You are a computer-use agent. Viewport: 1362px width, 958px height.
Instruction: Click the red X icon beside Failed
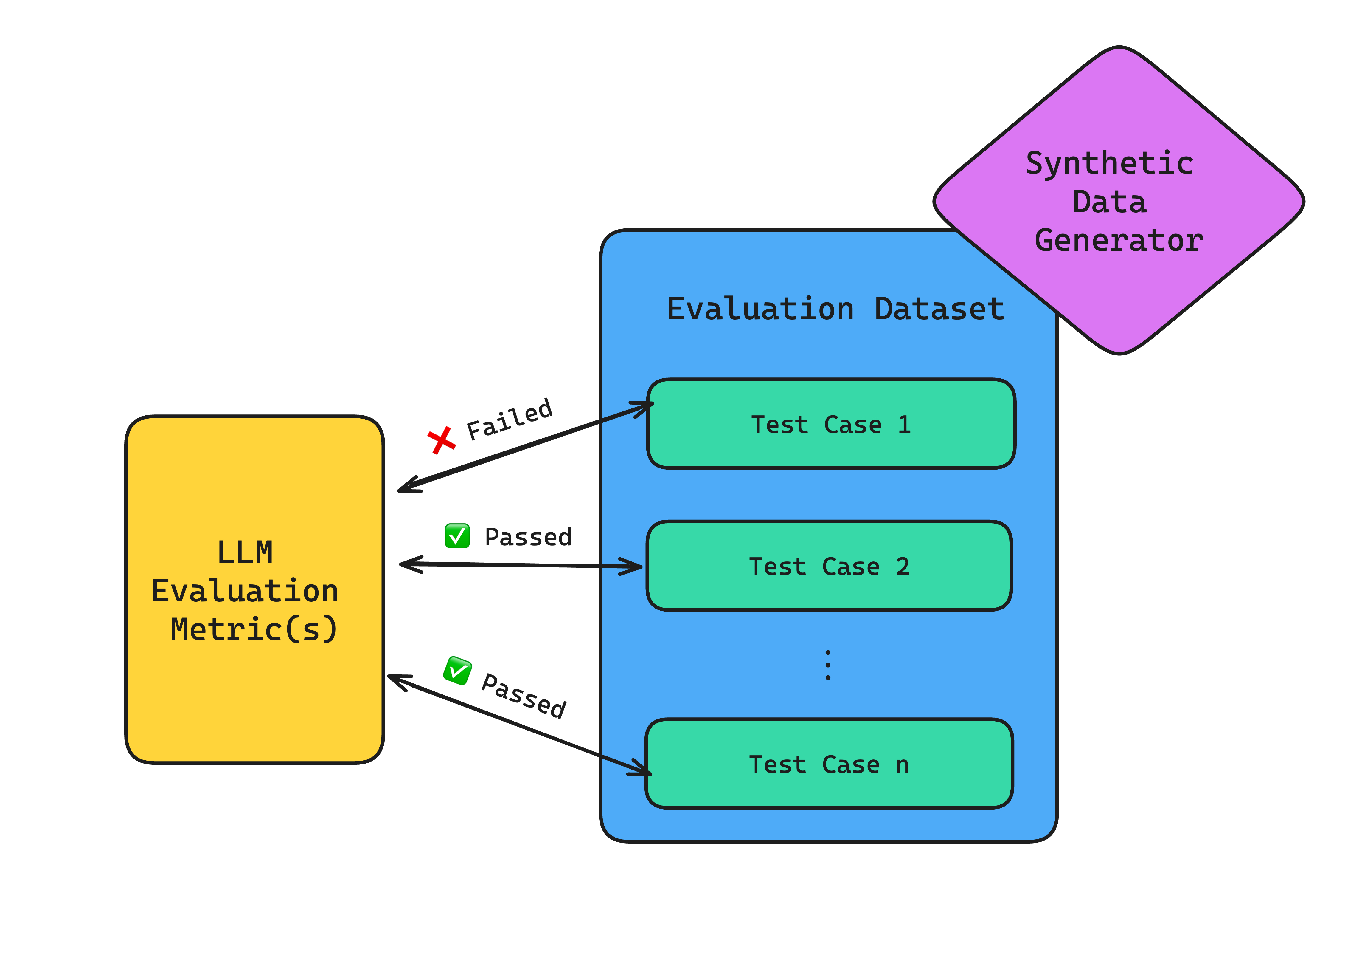point(441,440)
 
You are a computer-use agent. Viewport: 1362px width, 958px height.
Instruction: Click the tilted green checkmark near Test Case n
point(457,671)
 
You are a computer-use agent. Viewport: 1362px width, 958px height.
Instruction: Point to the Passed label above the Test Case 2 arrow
point(528,537)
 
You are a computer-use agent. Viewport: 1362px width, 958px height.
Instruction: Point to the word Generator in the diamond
point(1119,240)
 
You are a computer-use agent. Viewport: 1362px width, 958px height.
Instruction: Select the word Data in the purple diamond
point(1109,202)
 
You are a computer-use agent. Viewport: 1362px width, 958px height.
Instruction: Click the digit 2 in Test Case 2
point(902,567)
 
